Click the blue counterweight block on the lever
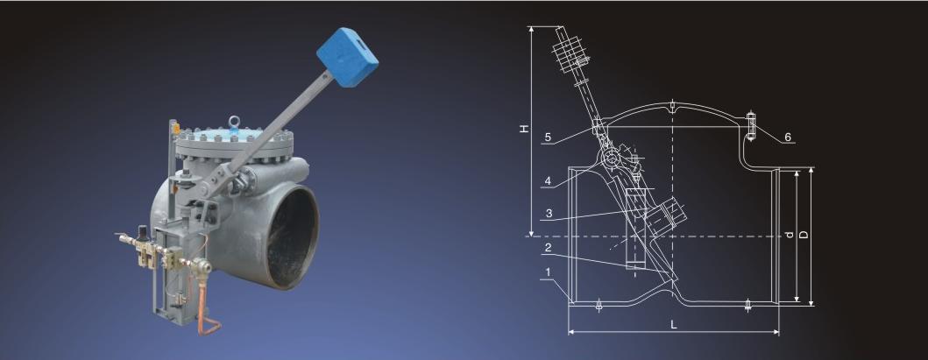[x=347, y=57]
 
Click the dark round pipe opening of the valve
[x=293, y=236]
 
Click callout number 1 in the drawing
[x=548, y=272]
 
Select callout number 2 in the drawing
[x=548, y=248]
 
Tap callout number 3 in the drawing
[x=549, y=214]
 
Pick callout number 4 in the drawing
[x=548, y=181]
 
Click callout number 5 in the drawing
[x=548, y=138]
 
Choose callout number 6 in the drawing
[x=788, y=138]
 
